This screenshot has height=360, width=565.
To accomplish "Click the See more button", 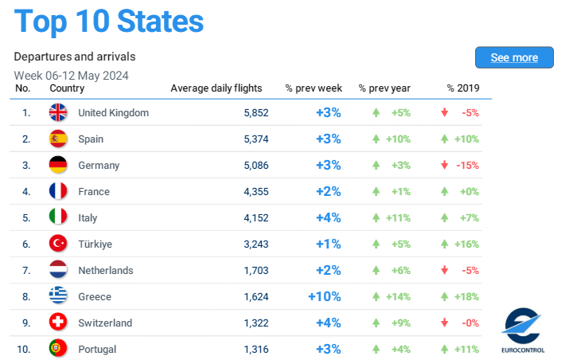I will click(x=514, y=57).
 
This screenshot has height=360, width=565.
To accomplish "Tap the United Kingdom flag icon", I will click(x=58, y=112).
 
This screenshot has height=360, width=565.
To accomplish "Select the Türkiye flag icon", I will click(x=58, y=244).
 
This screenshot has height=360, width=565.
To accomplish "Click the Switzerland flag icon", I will click(x=58, y=323).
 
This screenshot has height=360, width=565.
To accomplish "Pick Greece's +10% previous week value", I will click(x=325, y=296).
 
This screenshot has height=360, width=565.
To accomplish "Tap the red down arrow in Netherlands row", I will click(x=445, y=270).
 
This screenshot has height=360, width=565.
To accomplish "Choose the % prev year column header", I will click(x=385, y=88).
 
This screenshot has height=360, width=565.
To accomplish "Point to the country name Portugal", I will click(x=97, y=349).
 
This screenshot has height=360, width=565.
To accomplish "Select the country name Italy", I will click(x=88, y=217).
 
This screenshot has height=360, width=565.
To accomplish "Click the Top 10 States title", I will click(x=109, y=22).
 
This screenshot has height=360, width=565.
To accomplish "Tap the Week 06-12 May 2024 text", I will click(x=71, y=75).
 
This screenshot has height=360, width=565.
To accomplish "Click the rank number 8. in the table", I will click(x=26, y=296).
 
